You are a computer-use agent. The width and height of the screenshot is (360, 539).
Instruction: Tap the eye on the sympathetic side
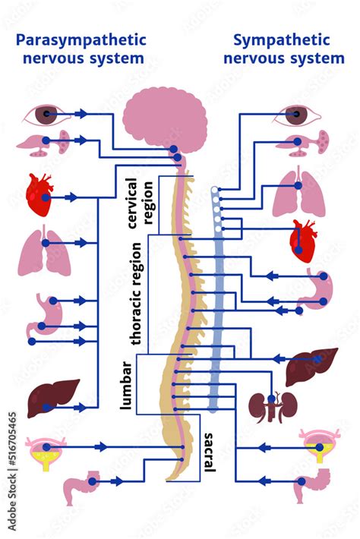[x=297, y=115]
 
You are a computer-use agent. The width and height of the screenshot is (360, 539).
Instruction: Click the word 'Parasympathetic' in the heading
[x=81, y=39]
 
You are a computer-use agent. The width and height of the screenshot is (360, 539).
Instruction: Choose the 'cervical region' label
[x=143, y=204]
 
